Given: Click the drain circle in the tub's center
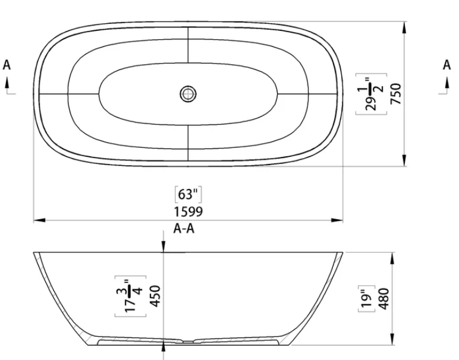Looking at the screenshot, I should click(188, 93).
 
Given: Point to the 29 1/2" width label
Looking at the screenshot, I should click(371, 93).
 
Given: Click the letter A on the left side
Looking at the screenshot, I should click(7, 65).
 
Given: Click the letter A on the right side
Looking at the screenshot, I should click(447, 65).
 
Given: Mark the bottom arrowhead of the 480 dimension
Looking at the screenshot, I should click(392, 339).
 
